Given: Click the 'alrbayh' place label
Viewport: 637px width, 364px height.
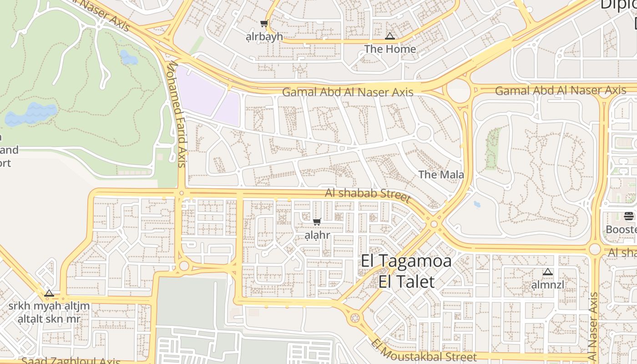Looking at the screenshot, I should click(264, 37).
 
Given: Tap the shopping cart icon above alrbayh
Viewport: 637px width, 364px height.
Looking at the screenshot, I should click(264, 24).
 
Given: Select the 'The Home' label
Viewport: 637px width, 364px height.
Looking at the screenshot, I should click(390, 49).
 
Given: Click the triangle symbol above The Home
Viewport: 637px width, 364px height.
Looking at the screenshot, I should click(390, 36).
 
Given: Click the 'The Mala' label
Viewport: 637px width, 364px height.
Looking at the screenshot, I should click(441, 175).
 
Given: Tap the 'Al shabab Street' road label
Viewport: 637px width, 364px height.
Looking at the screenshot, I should click(368, 194).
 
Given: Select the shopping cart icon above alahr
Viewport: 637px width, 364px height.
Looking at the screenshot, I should click(317, 222).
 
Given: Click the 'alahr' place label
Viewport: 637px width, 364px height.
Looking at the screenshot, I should click(317, 235).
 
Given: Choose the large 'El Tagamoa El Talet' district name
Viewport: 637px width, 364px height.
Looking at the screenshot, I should click(406, 271).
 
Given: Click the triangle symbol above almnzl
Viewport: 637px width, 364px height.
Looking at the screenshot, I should click(548, 272).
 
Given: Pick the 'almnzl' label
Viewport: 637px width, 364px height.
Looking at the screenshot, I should click(548, 285).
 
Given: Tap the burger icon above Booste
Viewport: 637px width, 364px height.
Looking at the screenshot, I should click(629, 216).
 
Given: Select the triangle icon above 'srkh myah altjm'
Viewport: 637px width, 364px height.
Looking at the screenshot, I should click(49, 293).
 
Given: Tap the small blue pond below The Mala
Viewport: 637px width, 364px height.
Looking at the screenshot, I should click(477, 204).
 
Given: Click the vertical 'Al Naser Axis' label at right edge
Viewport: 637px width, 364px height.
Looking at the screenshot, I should click(593, 325).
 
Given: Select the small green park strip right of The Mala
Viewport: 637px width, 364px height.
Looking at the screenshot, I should click(491, 148).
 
